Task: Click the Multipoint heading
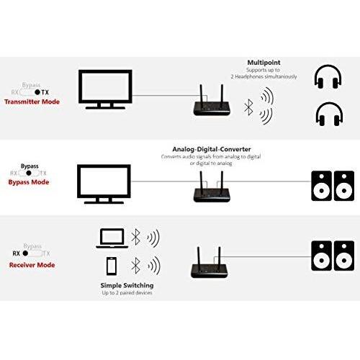pyautogui.click(x=270, y=63)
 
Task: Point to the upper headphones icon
pyautogui.click(x=330, y=77)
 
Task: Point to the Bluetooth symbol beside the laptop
pyautogui.click(x=134, y=236)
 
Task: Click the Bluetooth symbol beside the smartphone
pyautogui.click(x=134, y=264)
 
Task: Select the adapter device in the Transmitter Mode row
pyautogui.click(x=209, y=103)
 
